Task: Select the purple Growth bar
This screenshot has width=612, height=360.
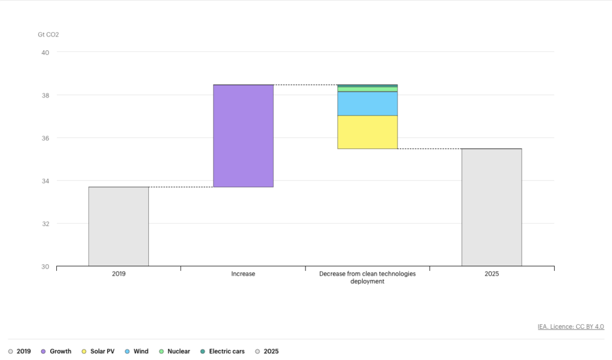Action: click(x=243, y=136)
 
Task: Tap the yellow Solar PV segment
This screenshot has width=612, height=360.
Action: click(x=368, y=132)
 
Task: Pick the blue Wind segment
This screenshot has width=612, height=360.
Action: click(x=368, y=103)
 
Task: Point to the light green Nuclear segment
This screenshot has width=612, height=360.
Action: click(x=368, y=89)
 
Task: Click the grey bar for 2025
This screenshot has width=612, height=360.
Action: click(x=491, y=207)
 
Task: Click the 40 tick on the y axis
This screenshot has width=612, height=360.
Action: click(x=45, y=52)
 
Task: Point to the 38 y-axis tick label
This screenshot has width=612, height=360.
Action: click(x=45, y=95)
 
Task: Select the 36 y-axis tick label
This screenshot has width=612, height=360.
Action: click(x=45, y=138)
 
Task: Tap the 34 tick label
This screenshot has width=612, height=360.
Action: click(x=45, y=181)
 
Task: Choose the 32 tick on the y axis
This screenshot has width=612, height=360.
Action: click(x=45, y=224)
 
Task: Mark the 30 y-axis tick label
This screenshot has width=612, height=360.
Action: click(x=45, y=267)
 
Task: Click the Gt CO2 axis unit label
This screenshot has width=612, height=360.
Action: click(x=48, y=35)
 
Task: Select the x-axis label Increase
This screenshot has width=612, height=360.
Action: click(x=243, y=274)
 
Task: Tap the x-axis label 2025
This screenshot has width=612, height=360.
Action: click(x=491, y=274)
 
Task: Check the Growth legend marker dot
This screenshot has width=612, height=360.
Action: click(x=43, y=352)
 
